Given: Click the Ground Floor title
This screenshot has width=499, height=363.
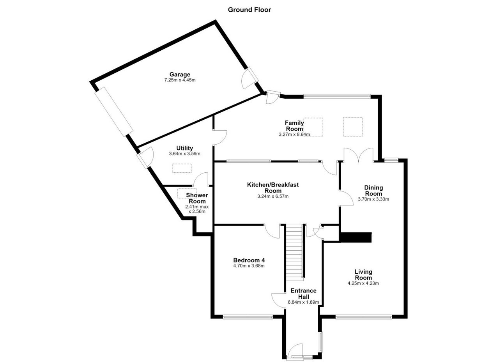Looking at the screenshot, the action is pos(249,10).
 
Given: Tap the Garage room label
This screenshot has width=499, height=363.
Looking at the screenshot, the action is pos(180,74).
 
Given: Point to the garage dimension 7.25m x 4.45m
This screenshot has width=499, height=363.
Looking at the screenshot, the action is pos(180,80).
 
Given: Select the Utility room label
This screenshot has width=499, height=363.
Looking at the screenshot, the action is pos(184,148).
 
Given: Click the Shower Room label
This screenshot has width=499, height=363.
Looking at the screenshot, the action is pos(197,198).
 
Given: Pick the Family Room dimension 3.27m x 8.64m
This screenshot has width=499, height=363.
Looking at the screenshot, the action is pos(294,135).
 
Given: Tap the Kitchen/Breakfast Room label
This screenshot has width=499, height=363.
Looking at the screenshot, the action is pos(273,188).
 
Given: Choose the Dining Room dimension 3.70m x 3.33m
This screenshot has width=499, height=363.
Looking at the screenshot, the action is pos(373,199).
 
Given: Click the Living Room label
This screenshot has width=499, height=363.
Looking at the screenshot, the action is pos(363,275).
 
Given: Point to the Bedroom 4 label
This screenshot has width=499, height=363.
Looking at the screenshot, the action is pos(249,260).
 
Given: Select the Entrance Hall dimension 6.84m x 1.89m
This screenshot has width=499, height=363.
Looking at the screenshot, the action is pos(303,303).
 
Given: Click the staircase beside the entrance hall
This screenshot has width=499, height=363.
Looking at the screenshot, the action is pos(294,251).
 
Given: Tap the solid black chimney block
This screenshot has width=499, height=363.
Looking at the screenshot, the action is pos(356,237).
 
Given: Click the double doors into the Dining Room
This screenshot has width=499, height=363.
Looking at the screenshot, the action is pos(358,155).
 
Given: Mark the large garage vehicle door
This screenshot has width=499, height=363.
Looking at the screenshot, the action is pos(114,112).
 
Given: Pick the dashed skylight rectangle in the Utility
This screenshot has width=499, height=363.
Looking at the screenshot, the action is pos(182,168).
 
